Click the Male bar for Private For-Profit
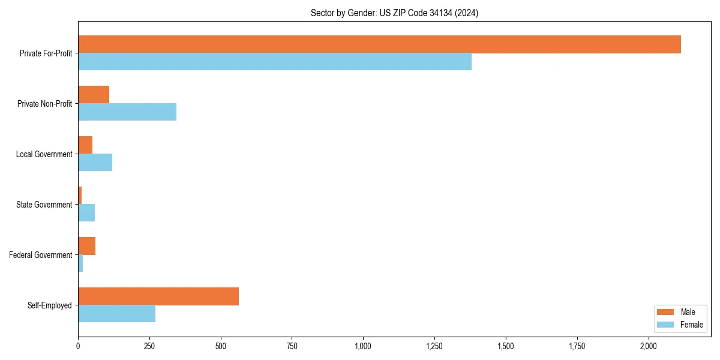pyautogui.click(x=379, y=44)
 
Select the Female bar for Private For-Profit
pyautogui.click(x=275, y=62)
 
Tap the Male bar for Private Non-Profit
pyautogui.click(x=94, y=95)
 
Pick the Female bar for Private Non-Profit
pyautogui.click(x=127, y=112)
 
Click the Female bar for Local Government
pyautogui.click(x=95, y=163)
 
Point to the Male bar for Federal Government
pyautogui.click(x=87, y=246)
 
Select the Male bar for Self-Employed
pyautogui.click(x=158, y=296)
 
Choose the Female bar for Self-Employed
pyautogui.click(x=116, y=314)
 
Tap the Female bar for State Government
pyautogui.click(x=86, y=213)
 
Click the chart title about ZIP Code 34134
pyautogui.click(x=394, y=13)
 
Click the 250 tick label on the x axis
pyautogui.click(x=149, y=346)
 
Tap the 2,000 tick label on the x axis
pyautogui.click(x=649, y=346)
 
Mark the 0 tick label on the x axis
pyautogui.click(x=78, y=346)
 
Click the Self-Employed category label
pyautogui.click(x=50, y=305)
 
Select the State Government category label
pyautogui.click(x=44, y=205)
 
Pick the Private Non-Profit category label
pyautogui.click(x=45, y=104)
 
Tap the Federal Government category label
pyautogui.click(x=41, y=255)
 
